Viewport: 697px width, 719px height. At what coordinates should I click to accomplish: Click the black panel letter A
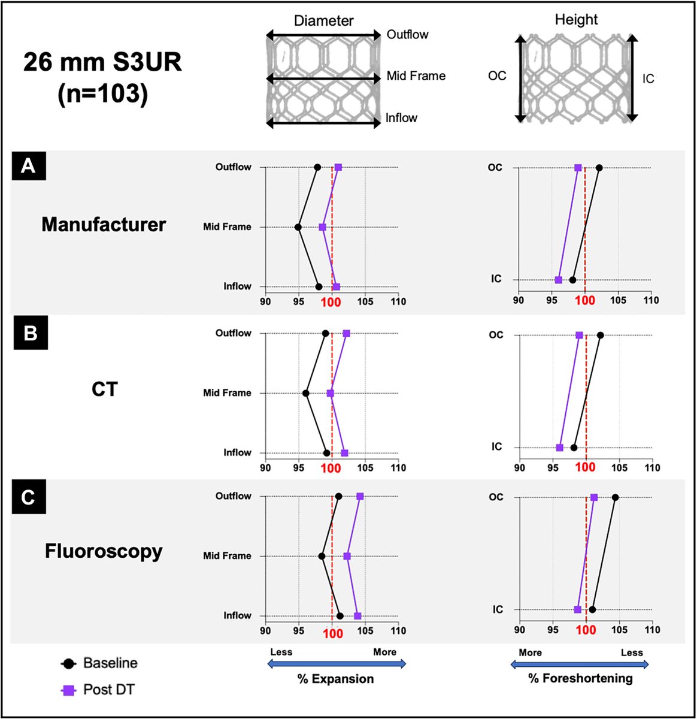click(x=28, y=166)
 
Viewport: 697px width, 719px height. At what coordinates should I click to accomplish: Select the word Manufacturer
click(x=104, y=225)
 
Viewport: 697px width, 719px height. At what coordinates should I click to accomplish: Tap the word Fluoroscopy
click(x=104, y=551)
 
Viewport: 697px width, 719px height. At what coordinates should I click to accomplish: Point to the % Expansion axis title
click(x=336, y=679)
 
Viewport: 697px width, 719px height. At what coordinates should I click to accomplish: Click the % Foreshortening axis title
click(x=580, y=678)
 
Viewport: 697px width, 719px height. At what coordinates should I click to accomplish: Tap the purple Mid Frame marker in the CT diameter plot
click(x=330, y=393)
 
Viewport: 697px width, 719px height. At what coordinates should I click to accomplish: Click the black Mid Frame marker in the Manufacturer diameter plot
click(x=298, y=227)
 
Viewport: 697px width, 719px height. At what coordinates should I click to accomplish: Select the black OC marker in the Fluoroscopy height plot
click(x=615, y=497)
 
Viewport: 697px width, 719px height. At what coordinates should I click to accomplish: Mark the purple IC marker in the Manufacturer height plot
click(x=559, y=280)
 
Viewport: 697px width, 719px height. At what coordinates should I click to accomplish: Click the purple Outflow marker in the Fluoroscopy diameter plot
click(x=360, y=496)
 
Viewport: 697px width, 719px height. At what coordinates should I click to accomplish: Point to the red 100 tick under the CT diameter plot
click(x=332, y=469)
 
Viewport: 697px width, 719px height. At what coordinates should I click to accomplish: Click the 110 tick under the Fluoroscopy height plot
click(x=652, y=630)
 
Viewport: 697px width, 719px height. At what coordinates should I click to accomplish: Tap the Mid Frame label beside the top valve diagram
click(x=416, y=76)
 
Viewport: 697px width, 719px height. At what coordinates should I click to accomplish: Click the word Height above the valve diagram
click(x=577, y=20)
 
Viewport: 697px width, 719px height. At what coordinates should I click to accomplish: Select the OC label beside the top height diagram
click(x=497, y=76)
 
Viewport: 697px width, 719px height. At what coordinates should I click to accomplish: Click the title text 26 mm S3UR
click(x=102, y=62)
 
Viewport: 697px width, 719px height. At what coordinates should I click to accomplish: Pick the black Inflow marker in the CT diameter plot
click(x=326, y=453)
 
